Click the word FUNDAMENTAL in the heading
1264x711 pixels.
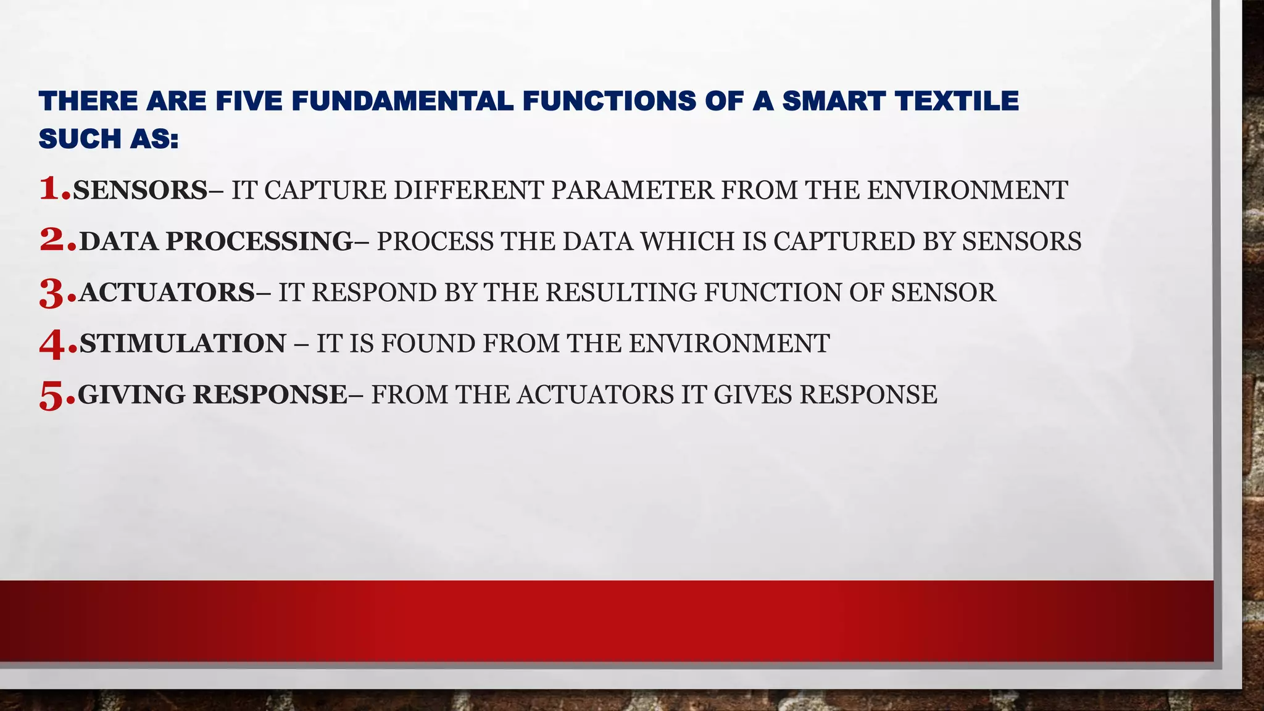(x=402, y=101)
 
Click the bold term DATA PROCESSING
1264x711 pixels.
(x=216, y=241)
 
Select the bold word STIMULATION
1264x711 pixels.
(x=183, y=344)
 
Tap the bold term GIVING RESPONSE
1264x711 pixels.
(x=212, y=395)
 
